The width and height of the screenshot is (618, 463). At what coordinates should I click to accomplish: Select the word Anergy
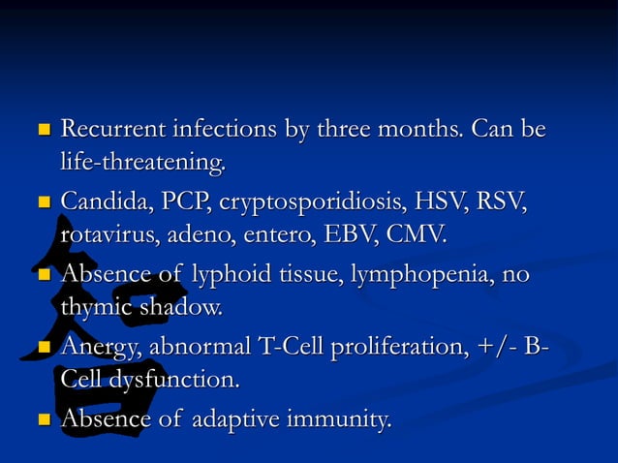(x=100, y=348)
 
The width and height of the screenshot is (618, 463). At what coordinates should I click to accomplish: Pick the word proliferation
(x=369, y=347)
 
